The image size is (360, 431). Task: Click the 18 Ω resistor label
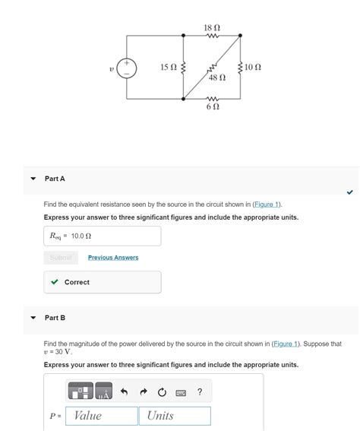[x=212, y=27]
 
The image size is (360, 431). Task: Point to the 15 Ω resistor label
[x=168, y=68]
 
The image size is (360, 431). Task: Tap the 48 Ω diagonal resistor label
[x=216, y=78]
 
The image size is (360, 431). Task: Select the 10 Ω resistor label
[x=254, y=68]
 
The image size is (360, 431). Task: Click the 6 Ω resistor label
[x=213, y=107]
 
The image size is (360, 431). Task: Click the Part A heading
[x=55, y=179]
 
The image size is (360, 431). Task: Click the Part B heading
[x=55, y=318]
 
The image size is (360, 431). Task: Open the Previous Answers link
[x=113, y=258]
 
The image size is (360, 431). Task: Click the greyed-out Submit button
[x=61, y=258]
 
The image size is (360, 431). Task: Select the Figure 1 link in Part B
[x=286, y=344]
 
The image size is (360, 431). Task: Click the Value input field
[x=102, y=416]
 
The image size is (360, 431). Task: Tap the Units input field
[x=174, y=416]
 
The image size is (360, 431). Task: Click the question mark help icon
[x=200, y=392]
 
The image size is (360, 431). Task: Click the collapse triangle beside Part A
[x=33, y=179]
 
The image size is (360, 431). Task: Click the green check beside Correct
[x=54, y=282]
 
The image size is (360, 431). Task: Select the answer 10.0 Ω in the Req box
[x=81, y=236]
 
